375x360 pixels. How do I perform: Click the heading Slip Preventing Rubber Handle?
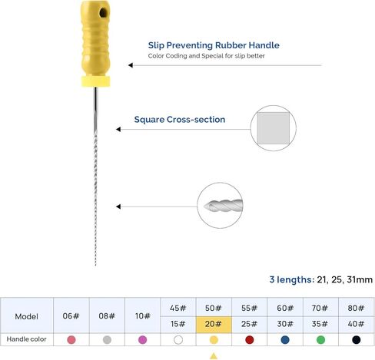point(214,45)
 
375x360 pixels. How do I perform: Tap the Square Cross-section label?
point(179,120)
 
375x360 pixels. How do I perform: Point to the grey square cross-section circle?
point(273,127)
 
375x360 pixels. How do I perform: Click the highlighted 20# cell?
point(214,323)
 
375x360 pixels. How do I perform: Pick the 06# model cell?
point(71,315)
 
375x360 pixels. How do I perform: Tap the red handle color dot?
point(249,339)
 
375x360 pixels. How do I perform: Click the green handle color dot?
point(320,339)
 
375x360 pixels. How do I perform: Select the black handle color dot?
point(355,339)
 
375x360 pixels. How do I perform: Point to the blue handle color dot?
point(284,339)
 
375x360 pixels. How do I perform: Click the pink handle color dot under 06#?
point(71,339)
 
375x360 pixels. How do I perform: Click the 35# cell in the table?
point(320,323)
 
